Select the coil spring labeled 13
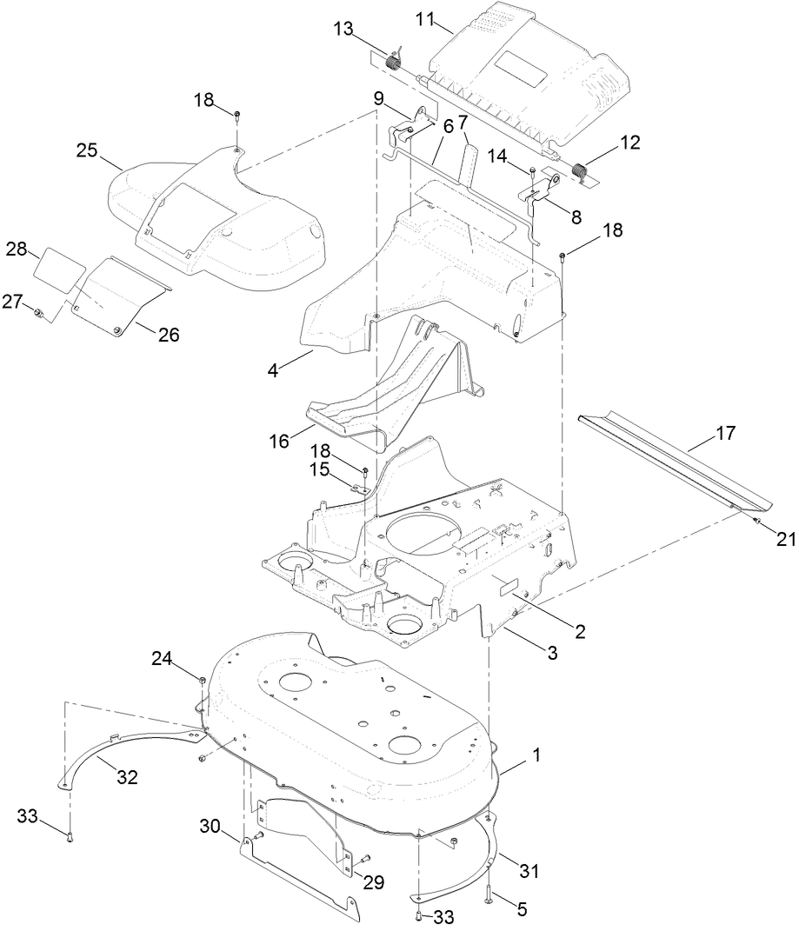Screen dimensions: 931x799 [x=394, y=62]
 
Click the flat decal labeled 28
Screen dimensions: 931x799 [x=54, y=263]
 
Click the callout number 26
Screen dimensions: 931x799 [x=168, y=334]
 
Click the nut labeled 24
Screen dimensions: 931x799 [x=202, y=679]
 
